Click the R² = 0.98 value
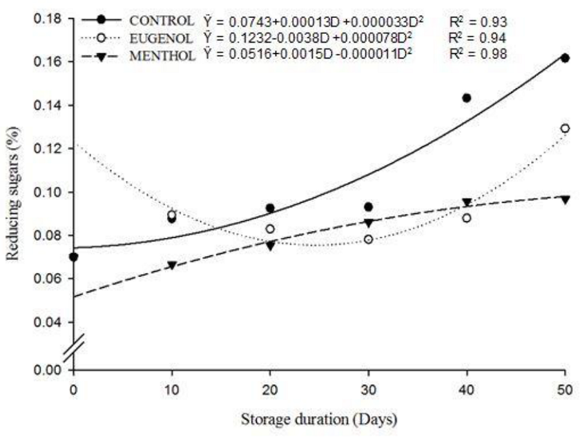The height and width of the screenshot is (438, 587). [x=478, y=54]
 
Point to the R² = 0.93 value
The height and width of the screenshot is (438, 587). [x=478, y=21]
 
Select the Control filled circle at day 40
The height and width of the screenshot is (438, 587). [x=466, y=98]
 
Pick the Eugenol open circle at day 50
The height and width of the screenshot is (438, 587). [x=565, y=128]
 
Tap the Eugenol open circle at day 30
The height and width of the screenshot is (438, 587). [x=368, y=239]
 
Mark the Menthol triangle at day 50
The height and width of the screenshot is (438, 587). [x=565, y=200]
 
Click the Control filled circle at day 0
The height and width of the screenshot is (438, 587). [x=74, y=257]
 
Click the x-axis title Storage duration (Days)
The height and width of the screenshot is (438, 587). [x=318, y=418]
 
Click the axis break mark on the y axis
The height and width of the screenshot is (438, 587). [x=74, y=348]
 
